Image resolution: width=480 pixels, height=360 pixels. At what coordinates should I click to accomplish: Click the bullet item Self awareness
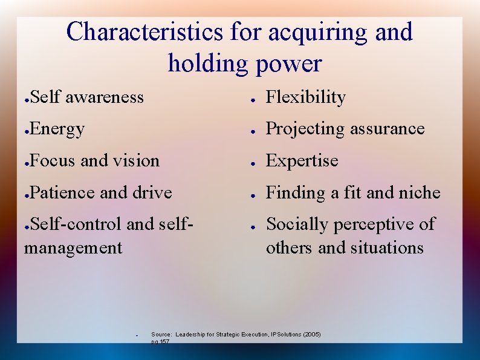click(86, 97)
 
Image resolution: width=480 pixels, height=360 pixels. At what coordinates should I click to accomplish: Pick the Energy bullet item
click(57, 129)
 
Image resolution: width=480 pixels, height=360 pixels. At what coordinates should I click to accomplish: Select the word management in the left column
click(73, 248)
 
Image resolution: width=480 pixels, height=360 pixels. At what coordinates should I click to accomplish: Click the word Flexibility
click(306, 97)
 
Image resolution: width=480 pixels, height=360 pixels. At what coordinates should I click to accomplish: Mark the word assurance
click(388, 129)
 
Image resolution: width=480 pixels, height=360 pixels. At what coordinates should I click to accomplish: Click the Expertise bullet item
click(302, 161)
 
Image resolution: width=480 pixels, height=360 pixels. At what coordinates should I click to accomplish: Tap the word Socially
click(297, 224)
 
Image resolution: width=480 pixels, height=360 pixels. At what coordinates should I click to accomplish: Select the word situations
click(386, 248)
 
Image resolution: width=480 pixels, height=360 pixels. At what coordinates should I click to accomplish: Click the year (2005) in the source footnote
click(311, 334)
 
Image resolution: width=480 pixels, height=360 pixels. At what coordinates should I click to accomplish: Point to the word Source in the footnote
click(161, 334)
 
